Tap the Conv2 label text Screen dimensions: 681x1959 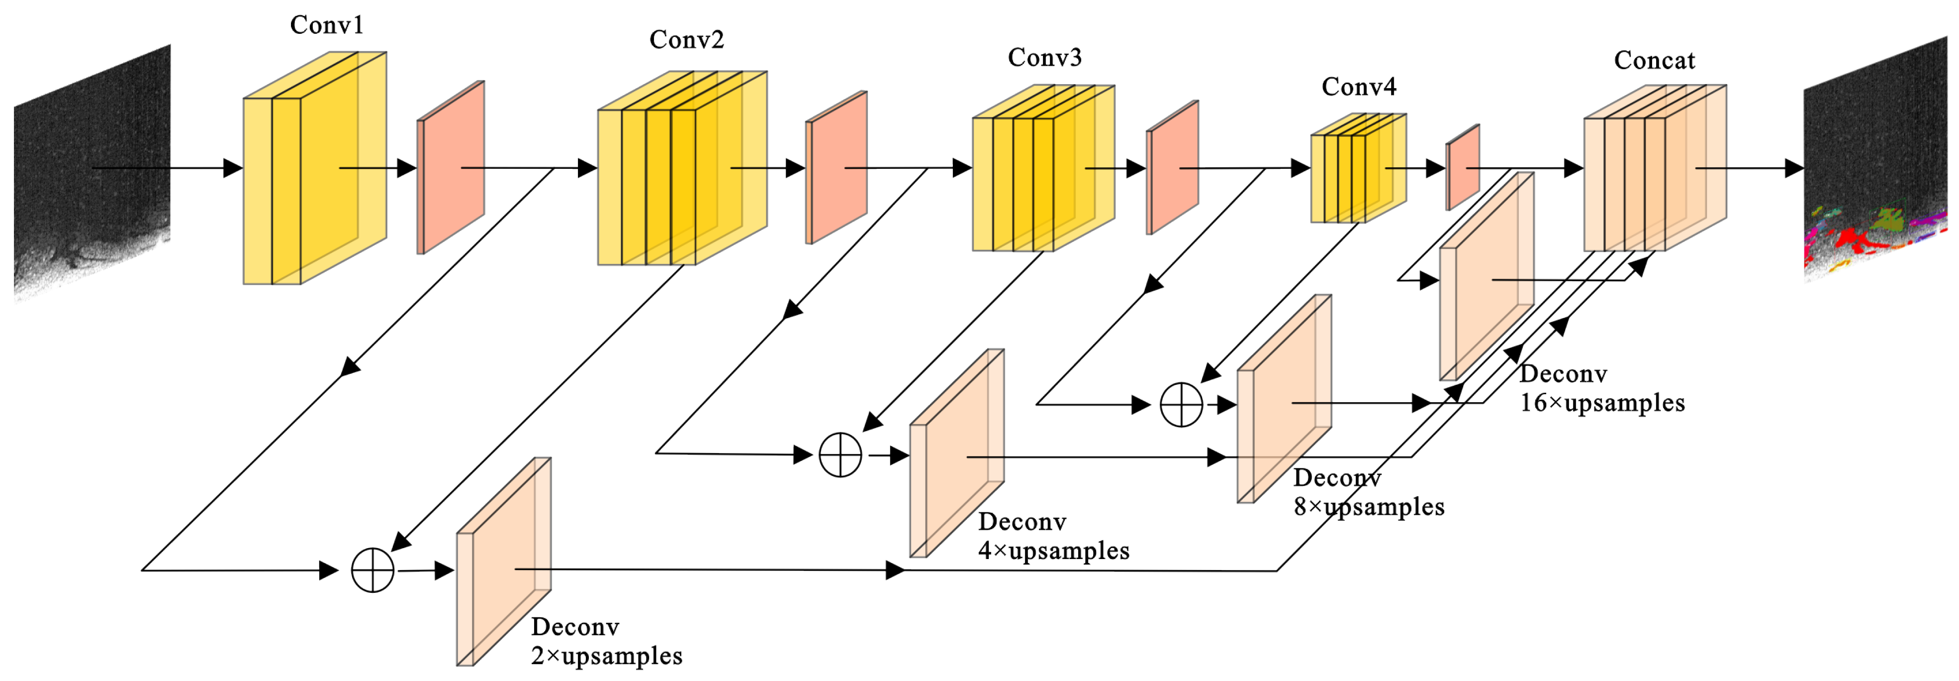click(686, 39)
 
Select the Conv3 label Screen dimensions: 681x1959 click(1044, 58)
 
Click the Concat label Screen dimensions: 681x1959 click(1654, 61)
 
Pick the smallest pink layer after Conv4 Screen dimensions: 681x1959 click(1462, 167)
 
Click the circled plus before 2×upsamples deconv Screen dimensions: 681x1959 click(373, 570)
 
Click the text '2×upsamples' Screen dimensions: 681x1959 click(606, 656)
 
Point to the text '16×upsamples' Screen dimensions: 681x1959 click(1601, 403)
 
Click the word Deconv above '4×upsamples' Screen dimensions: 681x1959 click(1022, 522)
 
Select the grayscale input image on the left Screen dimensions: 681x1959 click(91, 175)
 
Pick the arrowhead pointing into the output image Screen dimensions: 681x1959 click(1794, 168)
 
